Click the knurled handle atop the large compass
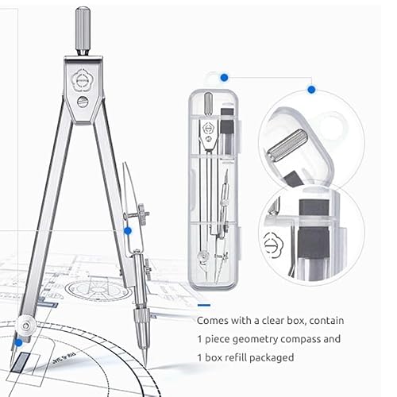pyautogui.click(x=83, y=31)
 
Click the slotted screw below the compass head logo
pyautogui.click(x=83, y=102)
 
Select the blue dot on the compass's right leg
pyautogui.click(x=128, y=231)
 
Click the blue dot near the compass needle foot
pyautogui.click(x=18, y=343)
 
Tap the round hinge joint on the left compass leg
pyautogui.click(x=26, y=326)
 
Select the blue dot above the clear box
pyautogui.click(x=224, y=78)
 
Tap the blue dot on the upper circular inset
pyautogui.click(x=311, y=89)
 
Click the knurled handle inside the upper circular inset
pyautogui.click(x=287, y=145)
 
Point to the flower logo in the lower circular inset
pyautogui.click(x=273, y=245)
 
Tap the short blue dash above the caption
pyautogui.click(x=204, y=305)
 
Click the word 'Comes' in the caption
pyautogui.click(x=213, y=321)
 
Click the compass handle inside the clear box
pyautogui.click(x=209, y=104)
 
